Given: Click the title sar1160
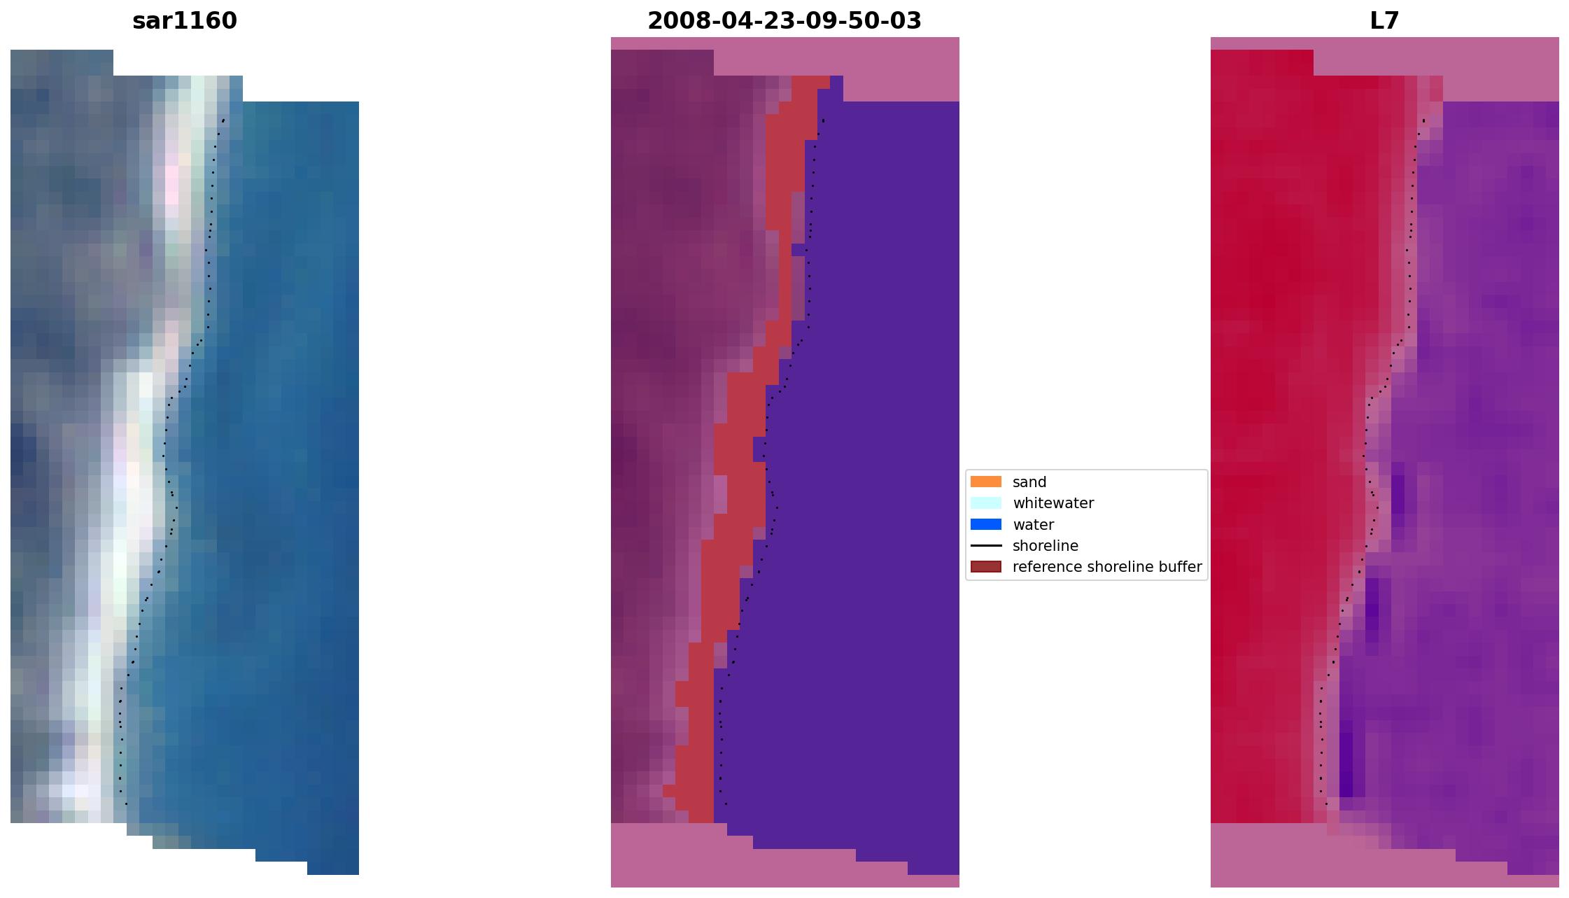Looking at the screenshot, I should [x=185, y=21].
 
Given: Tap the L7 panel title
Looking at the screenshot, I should [x=1384, y=21].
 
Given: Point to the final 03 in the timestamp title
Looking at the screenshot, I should [x=908, y=21].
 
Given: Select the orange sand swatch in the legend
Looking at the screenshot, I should [x=985, y=482].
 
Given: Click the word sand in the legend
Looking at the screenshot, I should [x=1029, y=482].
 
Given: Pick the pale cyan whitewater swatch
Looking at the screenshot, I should [x=985, y=503].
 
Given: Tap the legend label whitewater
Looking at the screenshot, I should [x=1053, y=503].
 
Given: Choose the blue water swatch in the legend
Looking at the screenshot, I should [x=985, y=524].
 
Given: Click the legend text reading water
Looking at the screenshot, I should [x=1033, y=525].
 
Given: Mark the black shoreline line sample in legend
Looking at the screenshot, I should [x=985, y=545].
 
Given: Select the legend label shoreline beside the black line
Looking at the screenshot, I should [x=1045, y=546].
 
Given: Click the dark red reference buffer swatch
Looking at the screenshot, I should [x=985, y=566].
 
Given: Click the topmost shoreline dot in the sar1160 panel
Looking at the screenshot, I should [x=223, y=120].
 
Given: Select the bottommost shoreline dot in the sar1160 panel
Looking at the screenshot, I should [x=126, y=804].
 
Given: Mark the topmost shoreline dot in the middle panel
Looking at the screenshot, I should [x=824, y=120].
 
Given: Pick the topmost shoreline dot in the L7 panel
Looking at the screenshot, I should [x=1423, y=120].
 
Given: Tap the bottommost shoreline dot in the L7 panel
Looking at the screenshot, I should [x=1326, y=804].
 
